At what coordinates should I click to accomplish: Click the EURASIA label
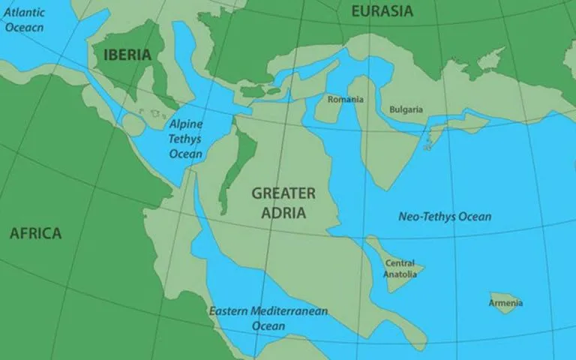(382, 11)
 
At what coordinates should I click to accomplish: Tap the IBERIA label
(127, 55)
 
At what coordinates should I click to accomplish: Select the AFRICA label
(35, 234)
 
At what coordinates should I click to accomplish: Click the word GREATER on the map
(283, 193)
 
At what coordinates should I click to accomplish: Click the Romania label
(346, 100)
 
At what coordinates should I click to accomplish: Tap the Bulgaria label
(406, 109)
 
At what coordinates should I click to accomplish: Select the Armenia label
(505, 303)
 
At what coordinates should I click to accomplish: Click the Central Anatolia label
(400, 268)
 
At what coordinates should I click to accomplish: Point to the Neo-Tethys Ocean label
(445, 217)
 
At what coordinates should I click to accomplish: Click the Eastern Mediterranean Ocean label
(268, 318)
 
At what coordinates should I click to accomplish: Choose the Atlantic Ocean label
(24, 19)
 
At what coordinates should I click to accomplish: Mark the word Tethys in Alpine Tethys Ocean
(186, 139)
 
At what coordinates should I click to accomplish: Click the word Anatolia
(400, 274)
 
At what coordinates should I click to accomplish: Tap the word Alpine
(185, 124)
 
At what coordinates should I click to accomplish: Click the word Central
(400, 263)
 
